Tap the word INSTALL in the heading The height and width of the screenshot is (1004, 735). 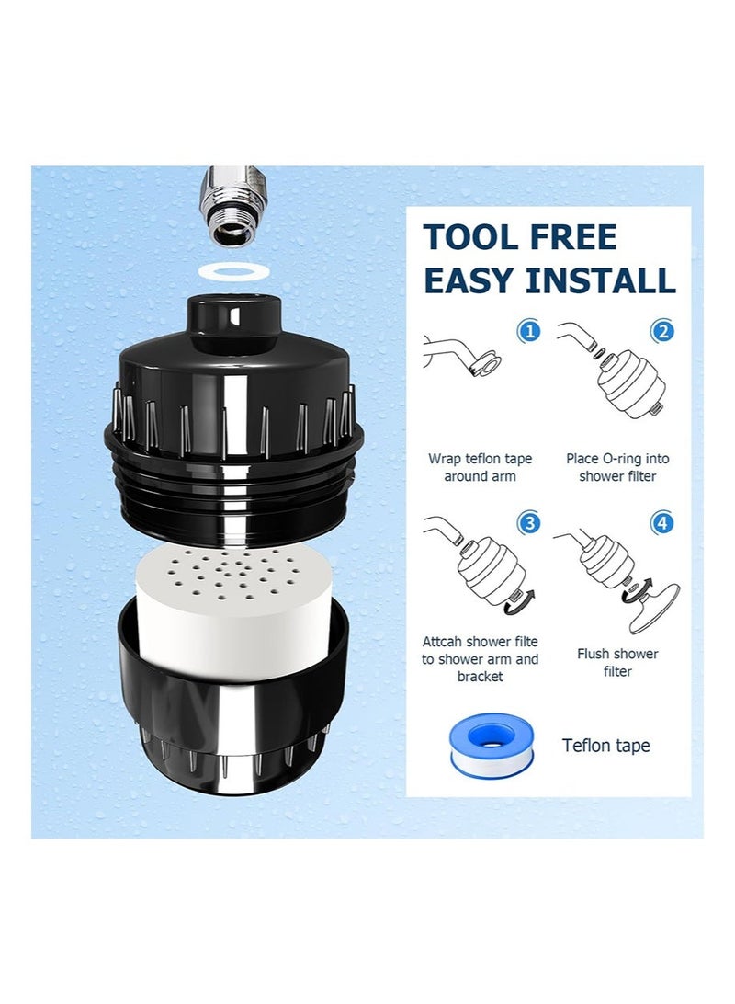click(602, 280)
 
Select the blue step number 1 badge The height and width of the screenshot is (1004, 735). click(529, 331)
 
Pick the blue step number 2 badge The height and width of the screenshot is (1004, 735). click(661, 331)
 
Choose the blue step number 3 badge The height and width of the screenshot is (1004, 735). click(529, 523)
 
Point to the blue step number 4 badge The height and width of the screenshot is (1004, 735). click(661, 523)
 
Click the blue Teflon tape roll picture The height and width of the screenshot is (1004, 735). click(481, 742)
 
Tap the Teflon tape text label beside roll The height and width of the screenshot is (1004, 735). click(606, 746)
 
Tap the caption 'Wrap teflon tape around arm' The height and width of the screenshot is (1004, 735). click(480, 467)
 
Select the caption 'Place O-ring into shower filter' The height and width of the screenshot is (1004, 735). click(617, 467)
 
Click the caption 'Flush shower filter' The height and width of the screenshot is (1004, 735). click(617, 663)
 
